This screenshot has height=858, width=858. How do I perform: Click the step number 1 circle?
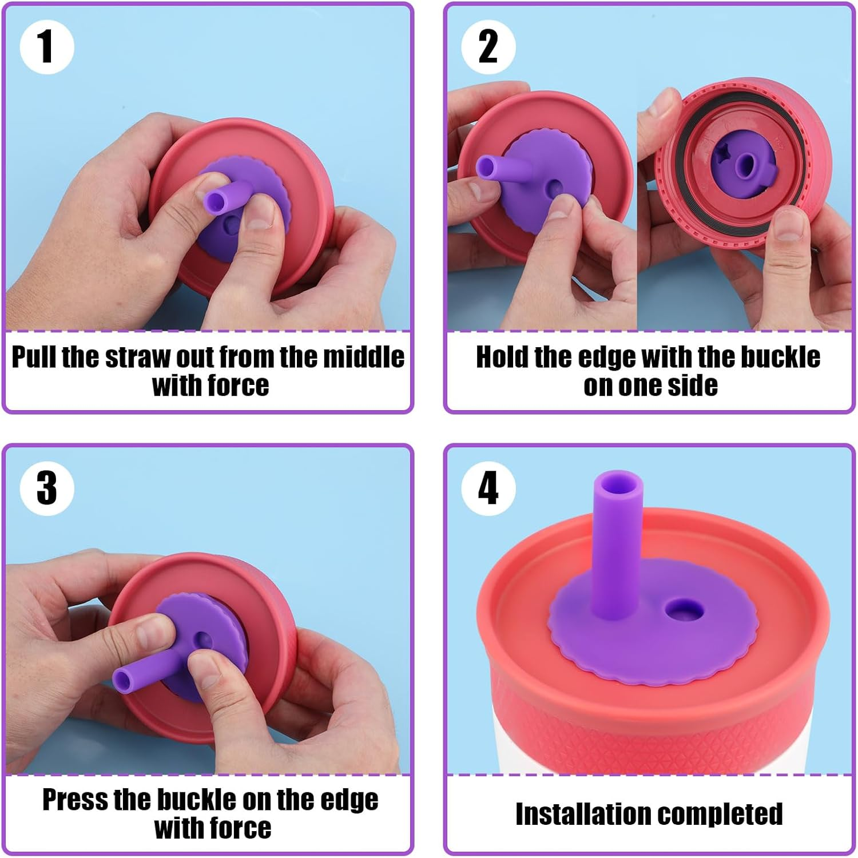pos(47,47)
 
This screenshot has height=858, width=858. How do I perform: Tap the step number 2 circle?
pos(488,47)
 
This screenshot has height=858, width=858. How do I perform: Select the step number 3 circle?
pos(47,488)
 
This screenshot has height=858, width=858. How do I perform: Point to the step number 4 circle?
pos(488,488)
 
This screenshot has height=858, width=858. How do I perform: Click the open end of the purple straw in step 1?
pos(215,201)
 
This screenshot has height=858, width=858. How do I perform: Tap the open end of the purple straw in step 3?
pos(123,680)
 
